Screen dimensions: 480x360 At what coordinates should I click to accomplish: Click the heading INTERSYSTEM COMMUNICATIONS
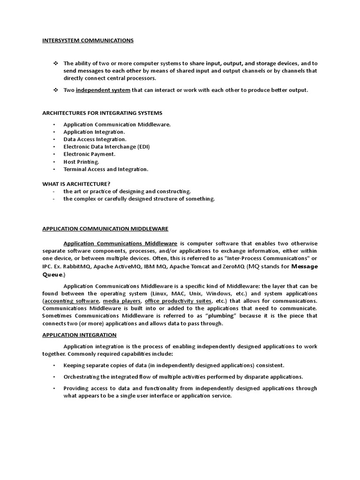tap(88, 40)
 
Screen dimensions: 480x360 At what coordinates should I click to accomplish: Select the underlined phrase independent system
tap(103, 90)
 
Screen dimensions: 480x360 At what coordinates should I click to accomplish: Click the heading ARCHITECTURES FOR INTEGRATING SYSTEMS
tap(102, 113)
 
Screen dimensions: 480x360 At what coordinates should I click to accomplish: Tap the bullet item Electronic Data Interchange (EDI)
tap(106, 147)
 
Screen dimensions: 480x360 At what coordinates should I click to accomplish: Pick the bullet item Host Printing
tap(81, 162)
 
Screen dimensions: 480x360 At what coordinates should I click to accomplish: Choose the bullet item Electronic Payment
tap(89, 154)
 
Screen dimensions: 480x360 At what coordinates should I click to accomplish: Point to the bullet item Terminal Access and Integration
tap(105, 169)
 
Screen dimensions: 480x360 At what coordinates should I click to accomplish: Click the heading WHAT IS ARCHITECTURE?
tap(76, 184)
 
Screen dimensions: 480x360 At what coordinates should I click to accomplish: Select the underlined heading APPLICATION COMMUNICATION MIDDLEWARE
tap(105, 229)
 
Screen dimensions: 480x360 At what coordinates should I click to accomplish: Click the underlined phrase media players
tap(121, 300)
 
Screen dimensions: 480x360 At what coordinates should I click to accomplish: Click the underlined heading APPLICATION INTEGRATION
tap(79, 335)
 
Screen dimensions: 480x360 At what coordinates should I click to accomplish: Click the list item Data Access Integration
tap(95, 139)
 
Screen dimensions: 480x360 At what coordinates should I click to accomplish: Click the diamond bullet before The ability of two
tap(54, 63)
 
